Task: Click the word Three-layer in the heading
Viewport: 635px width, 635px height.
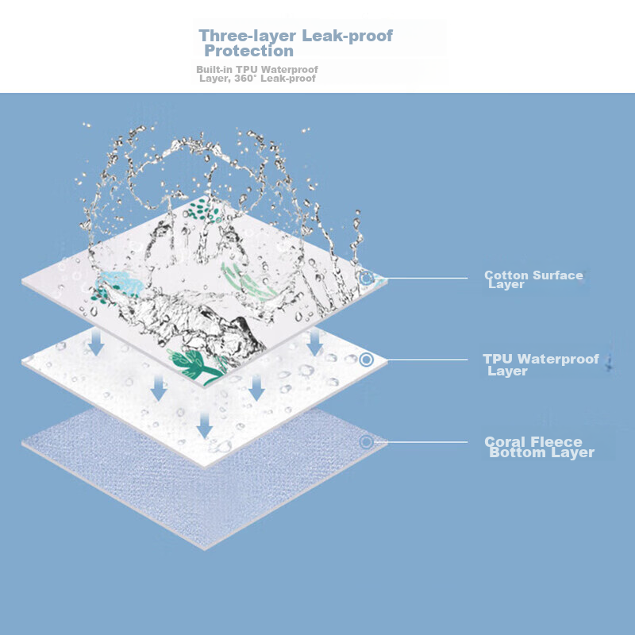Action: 246,36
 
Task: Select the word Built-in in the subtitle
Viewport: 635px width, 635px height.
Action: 213,70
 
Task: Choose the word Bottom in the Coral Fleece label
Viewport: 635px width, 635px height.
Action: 517,453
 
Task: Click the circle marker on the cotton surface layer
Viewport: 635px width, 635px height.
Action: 366,279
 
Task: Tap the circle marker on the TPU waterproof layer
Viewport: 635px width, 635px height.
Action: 366,360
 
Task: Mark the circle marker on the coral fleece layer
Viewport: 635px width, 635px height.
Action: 366,442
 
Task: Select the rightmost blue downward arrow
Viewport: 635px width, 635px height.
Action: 315,343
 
